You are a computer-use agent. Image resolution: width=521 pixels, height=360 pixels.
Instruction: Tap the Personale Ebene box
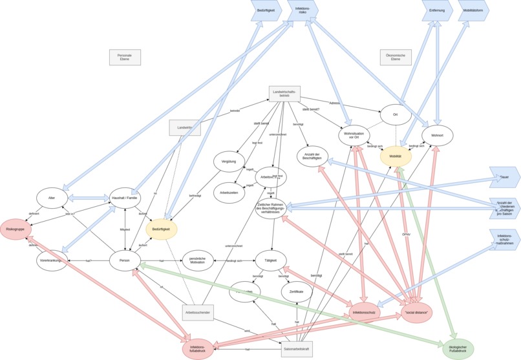click(x=125, y=58)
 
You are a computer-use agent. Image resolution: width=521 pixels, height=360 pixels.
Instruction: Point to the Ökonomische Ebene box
click(x=396, y=58)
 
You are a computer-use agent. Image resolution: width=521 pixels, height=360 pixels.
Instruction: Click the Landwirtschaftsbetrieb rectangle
click(x=285, y=94)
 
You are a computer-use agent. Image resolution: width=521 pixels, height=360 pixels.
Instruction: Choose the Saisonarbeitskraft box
click(x=297, y=349)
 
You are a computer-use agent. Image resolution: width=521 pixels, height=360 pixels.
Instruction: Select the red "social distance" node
click(x=417, y=313)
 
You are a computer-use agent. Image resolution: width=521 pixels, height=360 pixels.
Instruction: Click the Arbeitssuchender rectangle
click(x=198, y=313)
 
